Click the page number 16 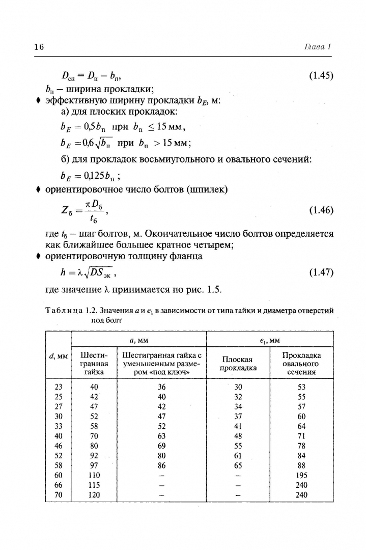click(39, 47)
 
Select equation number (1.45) click(321, 76)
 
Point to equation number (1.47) click(321, 272)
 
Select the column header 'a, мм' click(138, 339)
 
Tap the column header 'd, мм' click(58, 355)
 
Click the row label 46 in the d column click(58, 446)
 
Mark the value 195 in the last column click(301, 475)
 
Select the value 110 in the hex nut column click(94, 475)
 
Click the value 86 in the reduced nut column click(162, 465)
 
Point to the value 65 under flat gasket click(238, 465)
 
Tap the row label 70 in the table click(58, 494)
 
